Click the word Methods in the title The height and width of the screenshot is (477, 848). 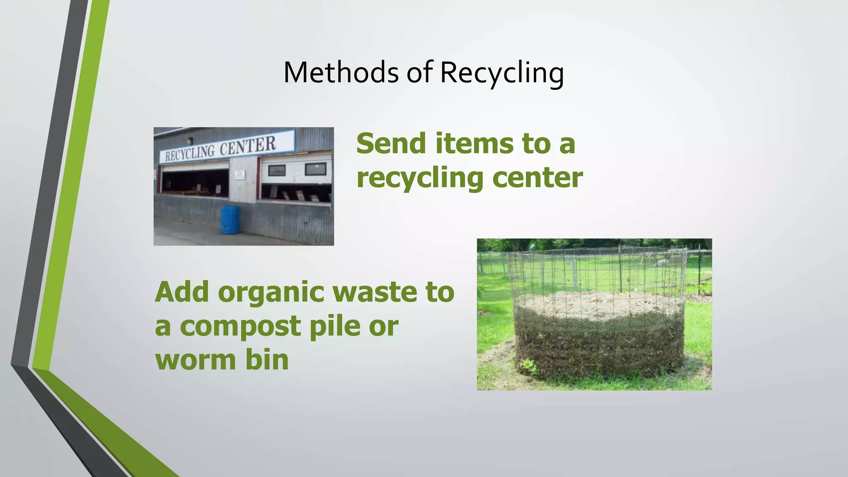(341, 72)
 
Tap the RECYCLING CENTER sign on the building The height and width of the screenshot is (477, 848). (227, 147)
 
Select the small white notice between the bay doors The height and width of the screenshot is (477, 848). (240, 175)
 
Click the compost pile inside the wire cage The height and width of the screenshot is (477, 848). (598, 331)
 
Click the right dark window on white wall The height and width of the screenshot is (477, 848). (316, 169)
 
